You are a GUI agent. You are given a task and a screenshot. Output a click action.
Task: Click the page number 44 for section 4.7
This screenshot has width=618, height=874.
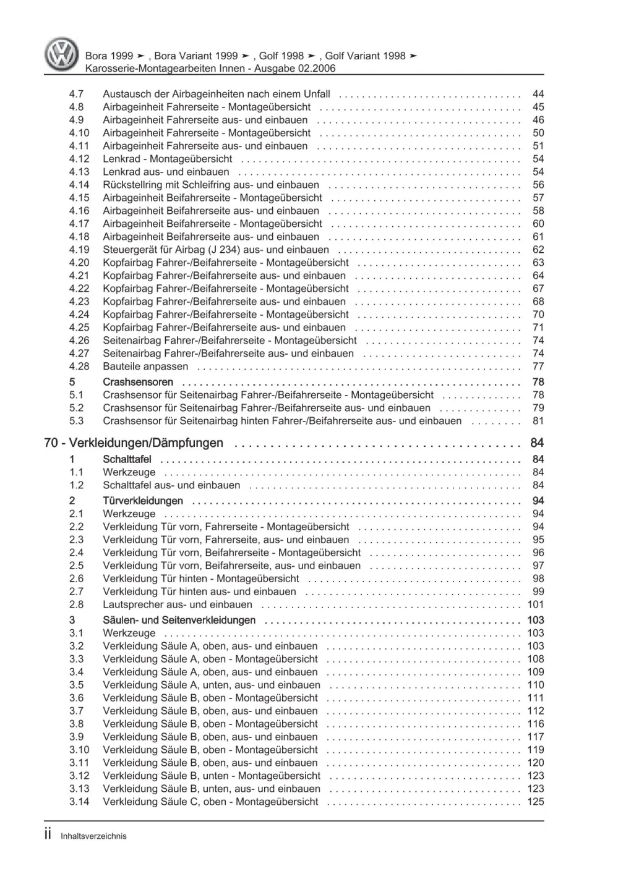pyautogui.click(x=538, y=94)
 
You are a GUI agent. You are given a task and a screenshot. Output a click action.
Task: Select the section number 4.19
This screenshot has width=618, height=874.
pyautogui.click(x=79, y=250)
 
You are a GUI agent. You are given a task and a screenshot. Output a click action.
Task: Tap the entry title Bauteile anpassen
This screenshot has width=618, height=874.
pyautogui.click(x=145, y=367)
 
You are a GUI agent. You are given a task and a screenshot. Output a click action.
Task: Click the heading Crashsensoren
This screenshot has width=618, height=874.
pyautogui.click(x=138, y=382)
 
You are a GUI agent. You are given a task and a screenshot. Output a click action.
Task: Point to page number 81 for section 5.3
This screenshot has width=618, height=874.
pyautogui.click(x=538, y=421)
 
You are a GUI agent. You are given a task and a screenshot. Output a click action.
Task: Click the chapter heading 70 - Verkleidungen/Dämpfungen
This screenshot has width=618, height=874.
pyautogui.click(x=134, y=443)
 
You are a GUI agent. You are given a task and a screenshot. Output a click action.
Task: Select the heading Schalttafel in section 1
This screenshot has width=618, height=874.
pyautogui.click(x=127, y=459)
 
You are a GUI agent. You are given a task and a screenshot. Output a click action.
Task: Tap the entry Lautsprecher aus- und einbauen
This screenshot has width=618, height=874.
pyautogui.click(x=178, y=605)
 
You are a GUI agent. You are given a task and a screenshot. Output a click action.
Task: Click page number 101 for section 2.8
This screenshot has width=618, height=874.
pyautogui.click(x=536, y=605)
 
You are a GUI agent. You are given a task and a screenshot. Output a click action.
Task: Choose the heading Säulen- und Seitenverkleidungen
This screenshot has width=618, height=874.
pyautogui.click(x=179, y=620)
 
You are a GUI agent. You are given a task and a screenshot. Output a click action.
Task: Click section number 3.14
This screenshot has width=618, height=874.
pyautogui.click(x=79, y=802)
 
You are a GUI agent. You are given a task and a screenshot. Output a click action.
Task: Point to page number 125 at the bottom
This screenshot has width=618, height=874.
pyautogui.click(x=536, y=802)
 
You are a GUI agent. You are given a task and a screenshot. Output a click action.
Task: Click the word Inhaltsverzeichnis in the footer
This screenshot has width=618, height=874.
pyautogui.click(x=93, y=836)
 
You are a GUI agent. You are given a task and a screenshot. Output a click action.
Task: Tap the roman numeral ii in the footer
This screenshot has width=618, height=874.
pyautogui.click(x=48, y=834)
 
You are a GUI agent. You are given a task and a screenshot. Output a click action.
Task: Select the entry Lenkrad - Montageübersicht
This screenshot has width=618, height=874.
pyautogui.click(x=168, y=159)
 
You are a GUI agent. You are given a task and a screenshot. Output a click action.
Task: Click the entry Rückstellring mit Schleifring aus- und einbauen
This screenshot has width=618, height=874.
pyautogui.click(x=211, y=185)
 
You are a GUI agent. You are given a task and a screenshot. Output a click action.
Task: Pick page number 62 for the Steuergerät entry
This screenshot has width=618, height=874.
pyautogui.click(x=538, y=250)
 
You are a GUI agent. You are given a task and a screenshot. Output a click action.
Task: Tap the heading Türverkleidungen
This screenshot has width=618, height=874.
pyautogui.click(x=143, y=501)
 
